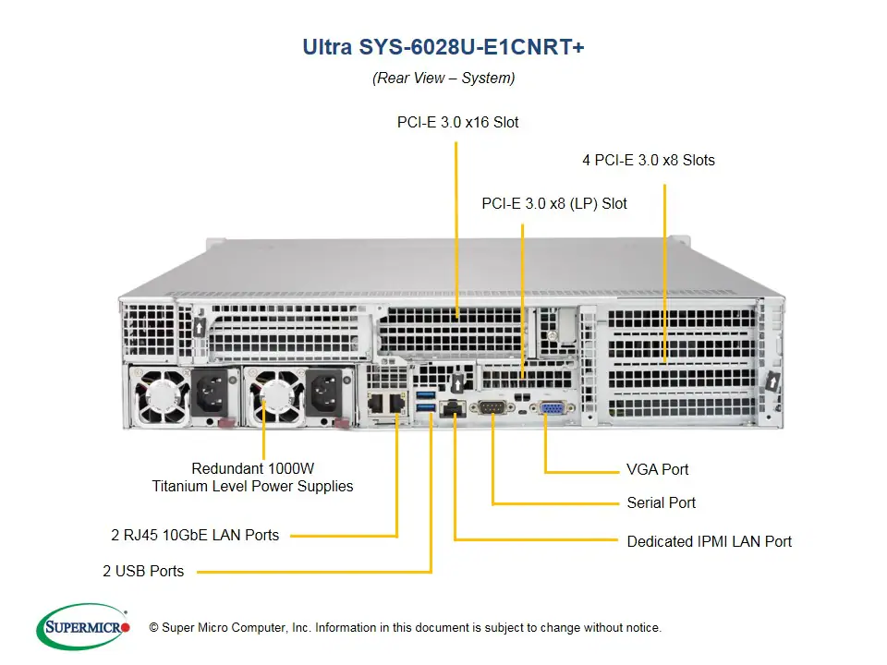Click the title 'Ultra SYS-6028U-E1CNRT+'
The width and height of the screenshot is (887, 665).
[443, 46]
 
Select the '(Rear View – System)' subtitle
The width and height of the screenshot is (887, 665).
[443, 79]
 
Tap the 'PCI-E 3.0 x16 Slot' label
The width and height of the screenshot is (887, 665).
[457, 122]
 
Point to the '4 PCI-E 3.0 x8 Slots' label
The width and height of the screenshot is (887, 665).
[649, 160]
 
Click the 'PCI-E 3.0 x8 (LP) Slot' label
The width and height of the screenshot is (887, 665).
[554, 203]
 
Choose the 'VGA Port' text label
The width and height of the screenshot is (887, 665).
[658, 469]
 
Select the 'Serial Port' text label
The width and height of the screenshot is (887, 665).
[662, 503]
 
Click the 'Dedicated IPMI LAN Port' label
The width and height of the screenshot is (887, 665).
[709, 541]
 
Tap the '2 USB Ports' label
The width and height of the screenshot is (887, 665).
[143, 571]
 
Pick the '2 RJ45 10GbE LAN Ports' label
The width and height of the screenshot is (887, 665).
[195, 534]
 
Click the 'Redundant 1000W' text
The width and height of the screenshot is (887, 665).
[252, 468]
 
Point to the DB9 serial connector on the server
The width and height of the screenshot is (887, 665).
[492, 407]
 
